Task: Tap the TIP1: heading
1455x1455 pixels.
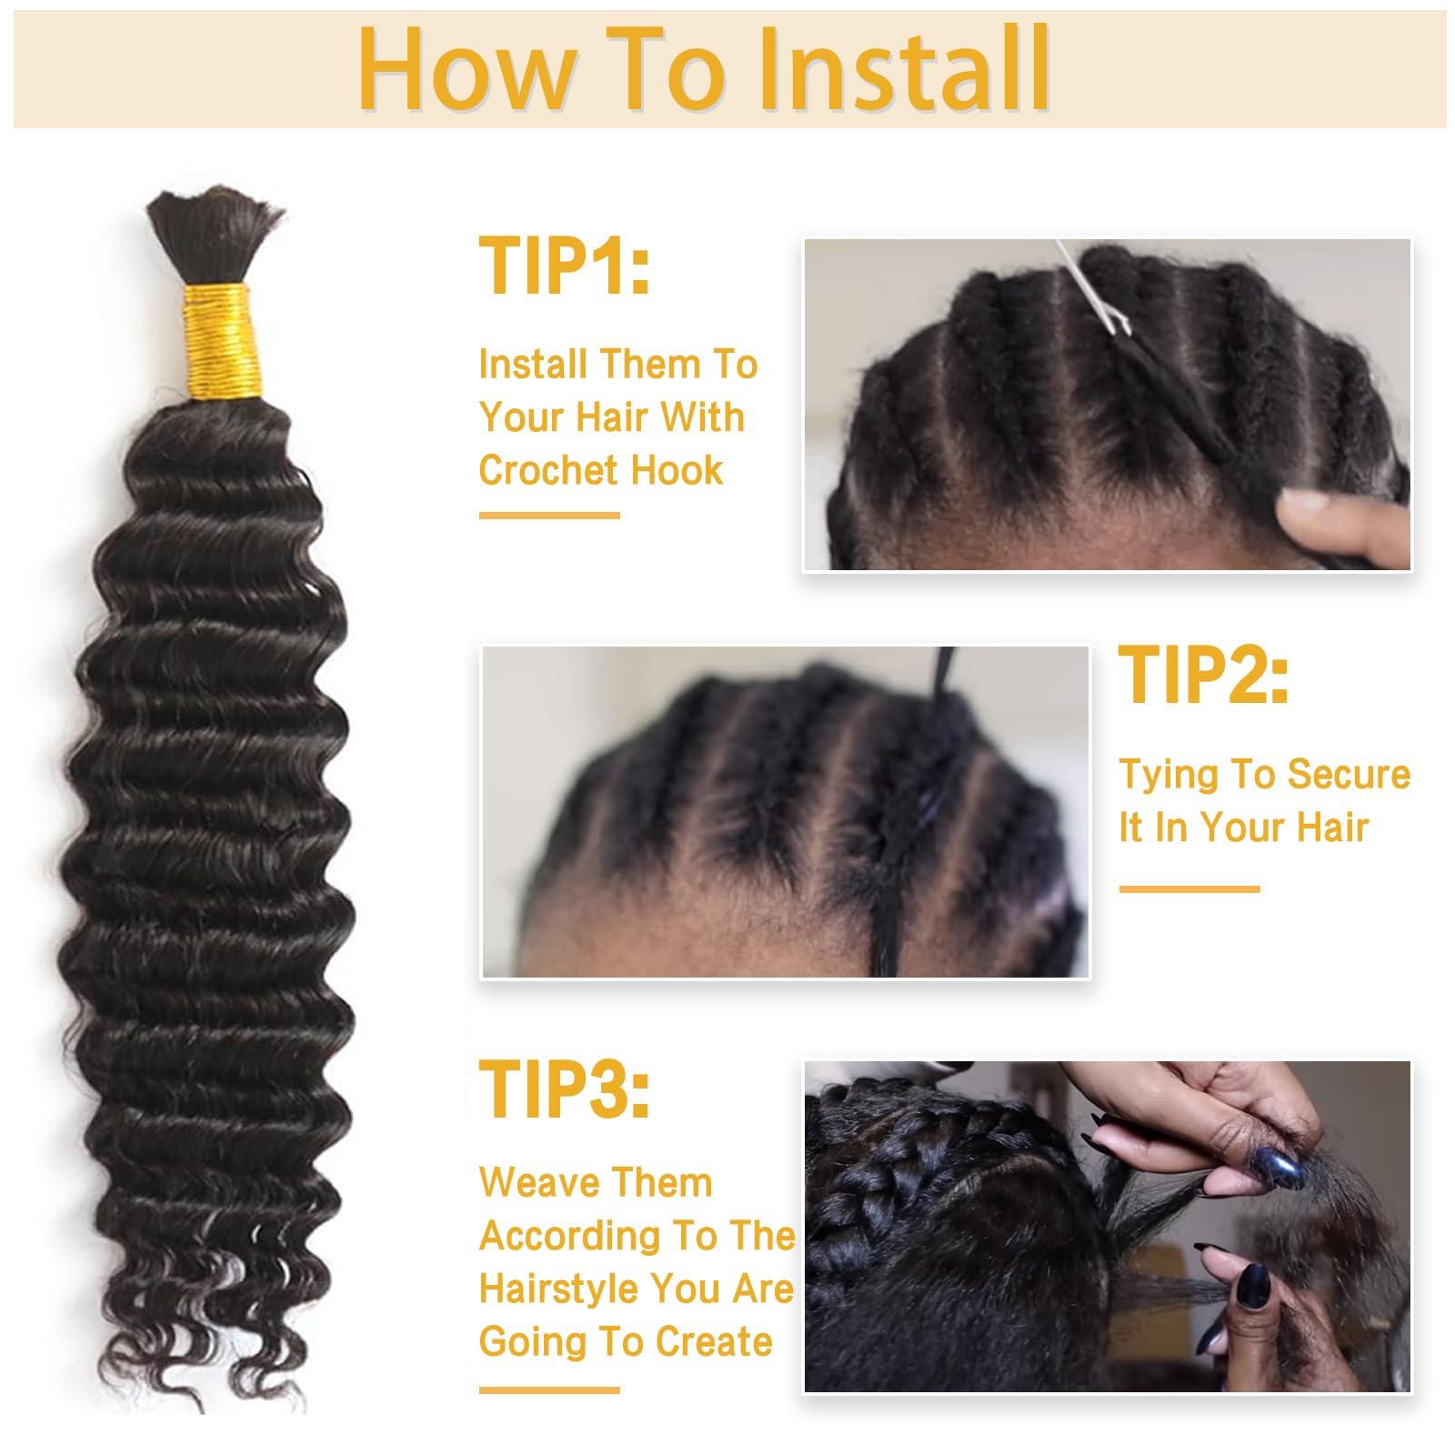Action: (x=564, y=266)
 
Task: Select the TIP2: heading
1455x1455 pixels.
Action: (x=1202, y=676)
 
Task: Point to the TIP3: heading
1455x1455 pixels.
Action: (x=564, y=1089)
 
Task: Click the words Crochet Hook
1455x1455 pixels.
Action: (x=600, y=470)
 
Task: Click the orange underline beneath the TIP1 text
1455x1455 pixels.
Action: (x=548, y=516)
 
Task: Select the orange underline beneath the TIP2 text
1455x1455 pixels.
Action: (x=1189, y=888)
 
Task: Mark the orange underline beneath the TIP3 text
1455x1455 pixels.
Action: (x=548, y=1390)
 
